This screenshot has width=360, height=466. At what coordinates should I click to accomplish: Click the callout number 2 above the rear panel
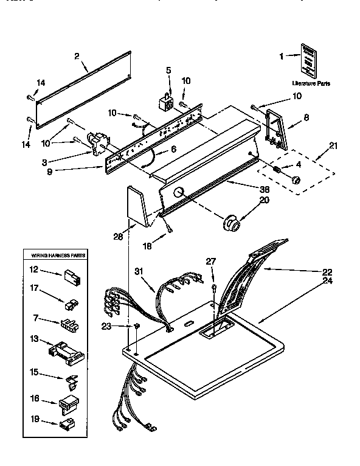coord(77,57)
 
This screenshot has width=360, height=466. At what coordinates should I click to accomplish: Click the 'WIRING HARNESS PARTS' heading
coord(55,256)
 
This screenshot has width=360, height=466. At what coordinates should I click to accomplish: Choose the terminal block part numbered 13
coord(64,351)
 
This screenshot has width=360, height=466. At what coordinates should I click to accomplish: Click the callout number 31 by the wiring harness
coord(139,271)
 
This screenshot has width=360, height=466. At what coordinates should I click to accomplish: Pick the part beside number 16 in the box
coord(67,402)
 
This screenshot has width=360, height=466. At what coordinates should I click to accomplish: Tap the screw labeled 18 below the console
coord(170,230)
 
